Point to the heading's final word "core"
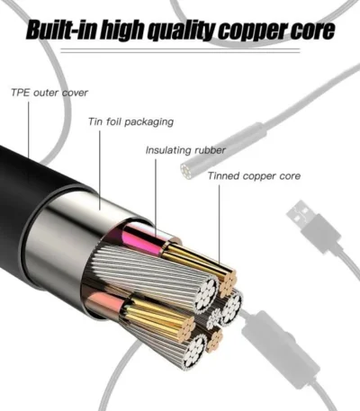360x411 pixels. point(312,31)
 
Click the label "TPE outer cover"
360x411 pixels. point(49,93)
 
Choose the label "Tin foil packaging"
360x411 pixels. point(130,122)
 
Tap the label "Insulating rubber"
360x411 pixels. point(185,150)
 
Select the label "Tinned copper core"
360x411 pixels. point(254,175)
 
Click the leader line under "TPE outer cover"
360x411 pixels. point(29,130)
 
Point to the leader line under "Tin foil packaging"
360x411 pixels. point(100,170)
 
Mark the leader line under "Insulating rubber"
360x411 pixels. point(156,199)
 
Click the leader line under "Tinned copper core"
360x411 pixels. point(219,225)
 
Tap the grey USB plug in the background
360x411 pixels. point(313,228)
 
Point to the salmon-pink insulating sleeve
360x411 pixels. point(105,303)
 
